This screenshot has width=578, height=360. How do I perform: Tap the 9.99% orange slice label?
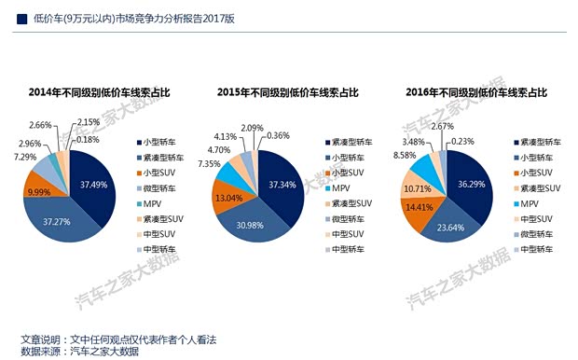tap(38, 191)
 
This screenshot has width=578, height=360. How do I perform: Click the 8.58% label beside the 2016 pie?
tap(406, 156)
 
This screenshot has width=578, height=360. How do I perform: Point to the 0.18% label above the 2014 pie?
tap(88, 139)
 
